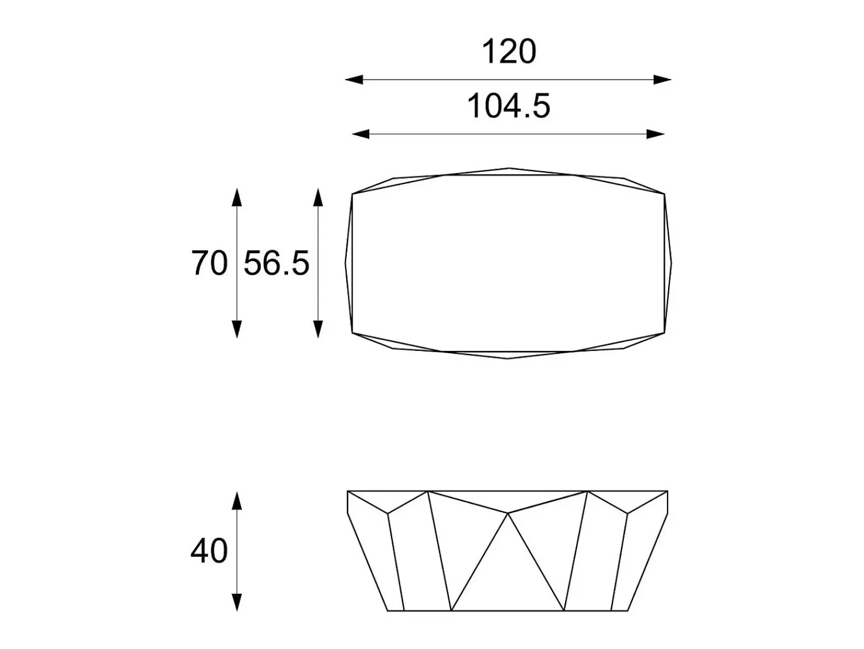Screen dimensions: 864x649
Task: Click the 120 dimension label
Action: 509,52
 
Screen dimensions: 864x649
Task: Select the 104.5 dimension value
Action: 508,106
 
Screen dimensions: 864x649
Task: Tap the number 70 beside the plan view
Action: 210,263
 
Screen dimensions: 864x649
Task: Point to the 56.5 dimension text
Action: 276,263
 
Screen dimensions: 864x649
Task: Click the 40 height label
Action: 209,550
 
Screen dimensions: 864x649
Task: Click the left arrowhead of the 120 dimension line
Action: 354,80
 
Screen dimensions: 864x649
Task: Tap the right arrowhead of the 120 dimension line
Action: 662,80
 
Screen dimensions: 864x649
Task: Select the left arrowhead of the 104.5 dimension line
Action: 361,134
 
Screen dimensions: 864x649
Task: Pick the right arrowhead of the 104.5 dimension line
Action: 655,134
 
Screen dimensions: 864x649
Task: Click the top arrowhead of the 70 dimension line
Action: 237,197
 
